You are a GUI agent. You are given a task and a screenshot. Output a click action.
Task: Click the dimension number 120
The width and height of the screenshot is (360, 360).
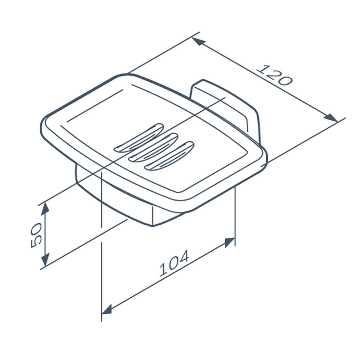click(275, 75)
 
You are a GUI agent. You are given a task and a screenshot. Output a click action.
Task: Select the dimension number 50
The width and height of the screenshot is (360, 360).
click(36, 235)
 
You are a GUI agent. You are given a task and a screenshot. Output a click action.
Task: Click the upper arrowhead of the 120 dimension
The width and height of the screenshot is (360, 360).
click(198, 41)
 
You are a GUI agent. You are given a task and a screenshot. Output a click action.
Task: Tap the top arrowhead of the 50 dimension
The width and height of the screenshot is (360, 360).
click(45, 209)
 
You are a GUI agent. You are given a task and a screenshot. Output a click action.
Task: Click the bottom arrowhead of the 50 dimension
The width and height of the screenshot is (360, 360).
click(45, 260)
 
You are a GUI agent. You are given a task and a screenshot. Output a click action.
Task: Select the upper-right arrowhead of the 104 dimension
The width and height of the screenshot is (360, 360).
click(230, 243)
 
